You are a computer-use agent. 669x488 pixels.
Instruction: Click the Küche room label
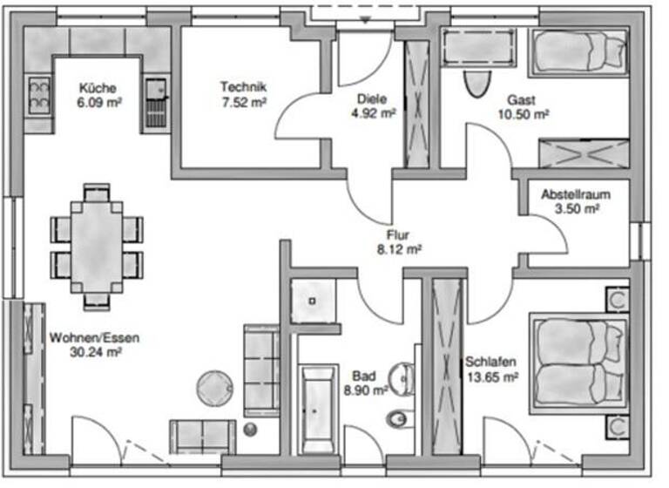coord(98,87)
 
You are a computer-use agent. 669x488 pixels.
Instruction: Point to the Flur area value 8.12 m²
coord(399,248)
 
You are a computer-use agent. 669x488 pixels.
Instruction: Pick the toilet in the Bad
coord(397,419)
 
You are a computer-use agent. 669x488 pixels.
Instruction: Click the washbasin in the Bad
coord(402,376)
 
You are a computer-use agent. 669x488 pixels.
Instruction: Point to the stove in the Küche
coord(39,94)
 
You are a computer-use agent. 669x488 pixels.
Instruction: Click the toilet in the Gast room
coord(476,84)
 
